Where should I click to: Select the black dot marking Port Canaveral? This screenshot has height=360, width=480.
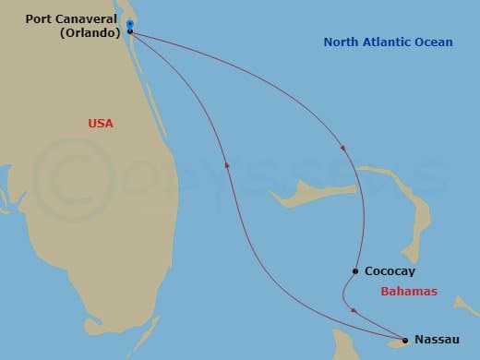[x=130, y=31]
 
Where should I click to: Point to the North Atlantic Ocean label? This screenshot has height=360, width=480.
[x=388, y=42]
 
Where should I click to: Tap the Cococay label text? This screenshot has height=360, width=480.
[x=390, y=271]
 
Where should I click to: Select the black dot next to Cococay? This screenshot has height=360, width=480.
[x=355, y=271]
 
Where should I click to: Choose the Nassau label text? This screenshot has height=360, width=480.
[x=438, y=340]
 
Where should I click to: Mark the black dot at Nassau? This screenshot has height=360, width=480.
[x=403, y=340]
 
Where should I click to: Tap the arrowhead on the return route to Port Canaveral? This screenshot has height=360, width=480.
[x=227, y=164]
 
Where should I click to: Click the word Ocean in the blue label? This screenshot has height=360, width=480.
[x=433, y=42]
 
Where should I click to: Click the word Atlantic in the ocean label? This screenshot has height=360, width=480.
[x=386, y=42]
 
